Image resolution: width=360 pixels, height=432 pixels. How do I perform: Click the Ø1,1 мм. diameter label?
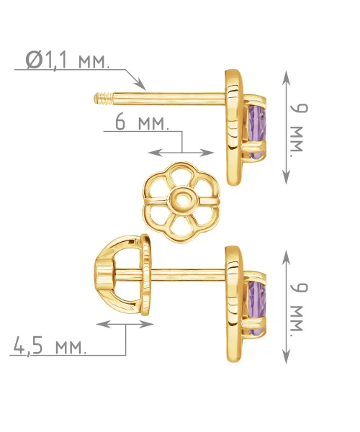point(68,60)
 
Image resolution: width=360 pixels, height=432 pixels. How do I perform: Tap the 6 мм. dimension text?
point(142,122)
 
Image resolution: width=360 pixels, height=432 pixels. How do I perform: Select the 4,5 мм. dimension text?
point(50,346)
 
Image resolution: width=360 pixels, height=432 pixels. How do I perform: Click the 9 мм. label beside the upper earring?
point(299,127)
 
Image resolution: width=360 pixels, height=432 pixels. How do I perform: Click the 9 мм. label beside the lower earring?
point(299,307)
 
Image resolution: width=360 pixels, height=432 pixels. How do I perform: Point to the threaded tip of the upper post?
point(104,99)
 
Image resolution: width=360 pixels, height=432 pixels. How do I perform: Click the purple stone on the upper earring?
point(257,132)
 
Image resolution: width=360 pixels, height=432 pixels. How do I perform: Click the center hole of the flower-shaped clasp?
point(181,199)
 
